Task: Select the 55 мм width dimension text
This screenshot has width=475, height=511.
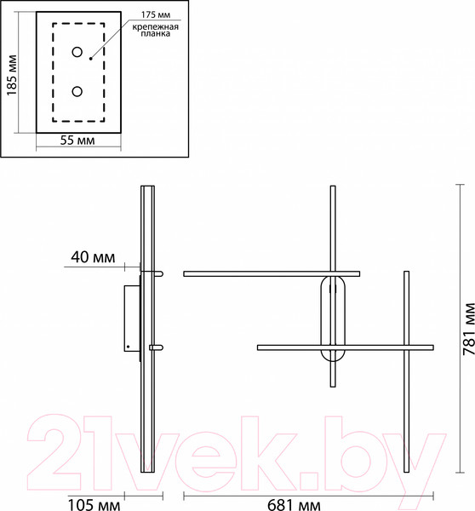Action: coord(77,141)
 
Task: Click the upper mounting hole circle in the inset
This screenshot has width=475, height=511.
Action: coord(77,53)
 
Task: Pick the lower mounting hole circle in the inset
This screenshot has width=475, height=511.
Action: coord(77,91)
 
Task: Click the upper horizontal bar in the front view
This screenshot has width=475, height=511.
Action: coord(271,273)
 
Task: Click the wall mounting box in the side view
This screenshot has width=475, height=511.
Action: coord(129,319)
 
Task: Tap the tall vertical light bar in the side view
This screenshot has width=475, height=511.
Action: coord(145,409)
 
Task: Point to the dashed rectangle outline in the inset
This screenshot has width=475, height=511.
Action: coord(53,72)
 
